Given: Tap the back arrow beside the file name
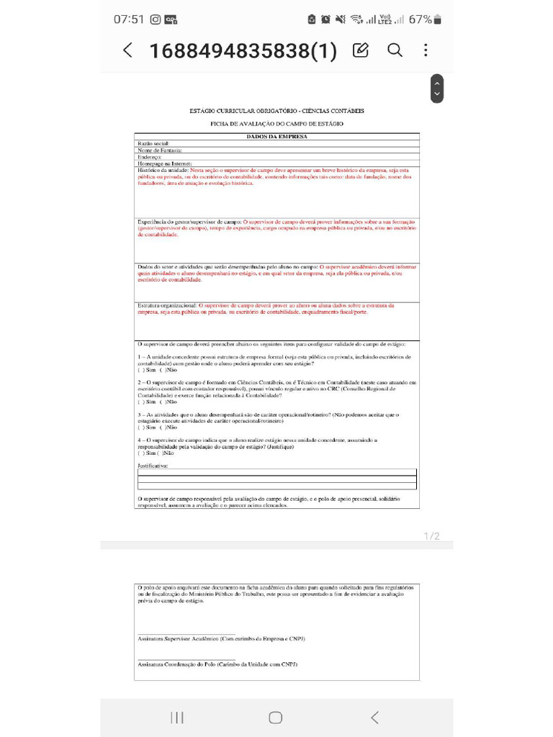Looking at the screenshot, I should coord(127,50).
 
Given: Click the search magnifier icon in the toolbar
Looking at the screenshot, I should coord(395,50).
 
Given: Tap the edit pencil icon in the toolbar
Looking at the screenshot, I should coord(361,50).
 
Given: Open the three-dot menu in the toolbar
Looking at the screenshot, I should coord(426,50).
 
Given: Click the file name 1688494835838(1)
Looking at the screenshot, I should coord(243,51).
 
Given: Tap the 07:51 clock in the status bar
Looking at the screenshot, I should coord(129,19).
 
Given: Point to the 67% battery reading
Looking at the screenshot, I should coord(421,19).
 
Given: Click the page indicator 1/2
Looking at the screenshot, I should coord(431,536).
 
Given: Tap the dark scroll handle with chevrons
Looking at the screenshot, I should coord(436,89).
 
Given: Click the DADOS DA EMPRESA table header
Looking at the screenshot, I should coord(276,137).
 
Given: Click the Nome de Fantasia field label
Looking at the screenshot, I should coord(159,150).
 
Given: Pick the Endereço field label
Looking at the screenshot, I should coord(150,157).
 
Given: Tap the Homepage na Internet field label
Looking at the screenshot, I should coord(164,163).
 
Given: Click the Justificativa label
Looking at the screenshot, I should coord(153,466).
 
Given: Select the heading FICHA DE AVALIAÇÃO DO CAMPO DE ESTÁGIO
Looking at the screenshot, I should coord(276,124).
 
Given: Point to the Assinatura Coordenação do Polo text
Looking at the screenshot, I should coord(217,664).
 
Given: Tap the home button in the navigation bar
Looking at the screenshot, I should coord(275,717).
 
